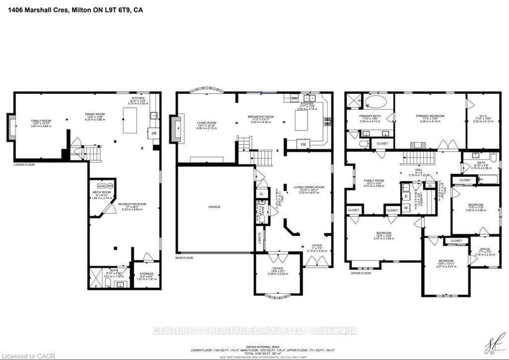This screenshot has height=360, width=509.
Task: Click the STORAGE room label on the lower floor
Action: (146, 274)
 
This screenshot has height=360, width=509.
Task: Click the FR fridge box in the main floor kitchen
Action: (303, 145)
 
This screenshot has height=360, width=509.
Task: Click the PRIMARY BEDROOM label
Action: (430, 116)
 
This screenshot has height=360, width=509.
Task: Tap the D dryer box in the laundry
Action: (406, 196)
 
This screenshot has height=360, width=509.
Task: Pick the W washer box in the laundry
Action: (406, 208)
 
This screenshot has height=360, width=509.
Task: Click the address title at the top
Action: (72, 9)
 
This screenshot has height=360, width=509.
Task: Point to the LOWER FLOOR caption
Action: (24, 164)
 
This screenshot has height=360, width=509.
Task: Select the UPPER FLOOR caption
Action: (360, 273)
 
